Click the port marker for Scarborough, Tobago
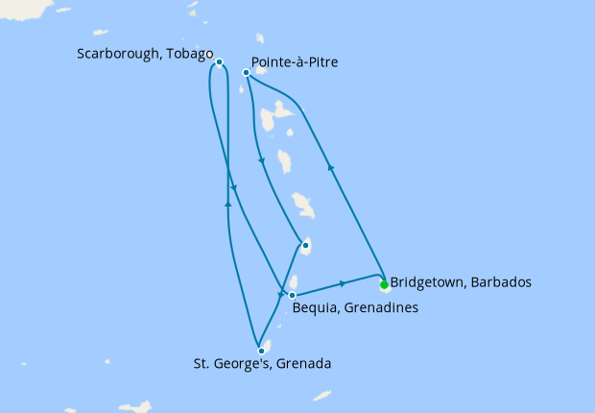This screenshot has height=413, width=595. pyautogui.click(x=220, y=62)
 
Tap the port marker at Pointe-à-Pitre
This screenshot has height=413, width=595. pyautogui.click(x=247, y=72)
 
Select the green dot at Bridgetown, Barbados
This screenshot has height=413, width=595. pyautogui.click(x=384, y=284)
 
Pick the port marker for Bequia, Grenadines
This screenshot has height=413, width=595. pyautogui.click(x=293, y=295)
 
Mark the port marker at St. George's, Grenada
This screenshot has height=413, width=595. pyautogui.click(x=261, y=351)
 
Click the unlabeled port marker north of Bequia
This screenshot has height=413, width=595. pyautogui.click(x=305, y=245)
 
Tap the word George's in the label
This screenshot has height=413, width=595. pyautogui.click(x=241, y=364)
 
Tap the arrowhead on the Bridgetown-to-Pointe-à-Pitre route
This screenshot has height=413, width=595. pyautogui.click(x=330, y=166)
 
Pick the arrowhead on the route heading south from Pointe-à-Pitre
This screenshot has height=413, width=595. pyautogui.click(x=261, y=160)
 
